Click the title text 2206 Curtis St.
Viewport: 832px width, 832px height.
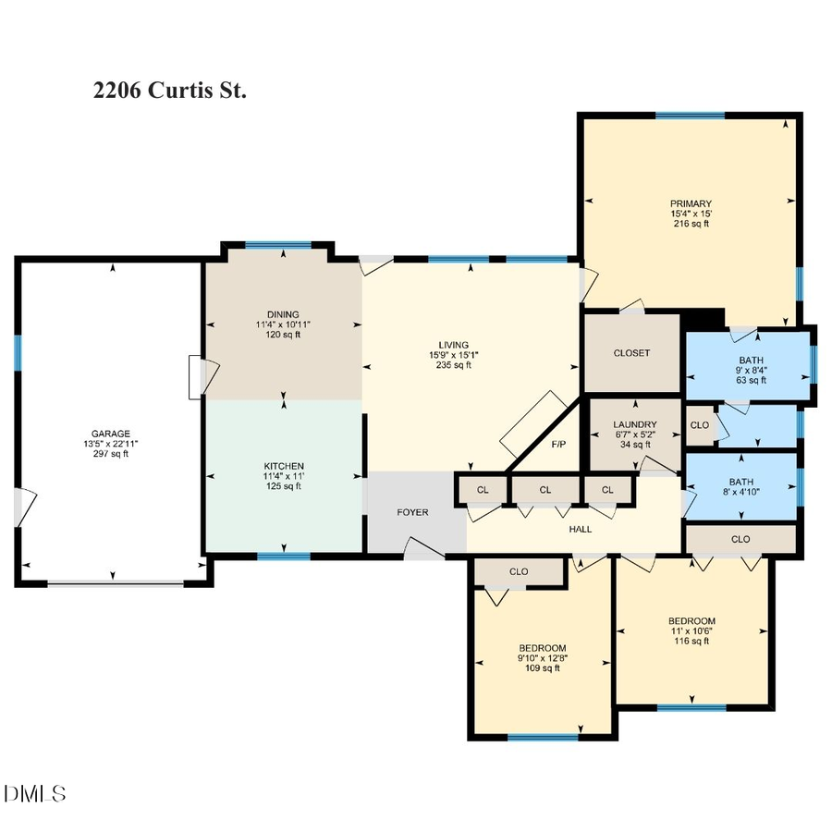tap(170, 91)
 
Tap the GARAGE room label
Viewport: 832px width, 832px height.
tap(110, 434)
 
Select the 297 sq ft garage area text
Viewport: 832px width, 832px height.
tap(110, 454)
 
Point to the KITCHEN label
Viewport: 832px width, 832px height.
tap(284, 466)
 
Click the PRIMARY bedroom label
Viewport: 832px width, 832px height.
tap(691, 203)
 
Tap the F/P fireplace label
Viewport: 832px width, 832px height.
tap(558, 445)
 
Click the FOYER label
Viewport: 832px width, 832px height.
tap(412, 512)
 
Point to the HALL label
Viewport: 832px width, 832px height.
tap(580, 529)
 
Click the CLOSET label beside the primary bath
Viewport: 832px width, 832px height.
tap(631, 353)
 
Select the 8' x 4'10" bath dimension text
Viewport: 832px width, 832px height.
tap(740, 492)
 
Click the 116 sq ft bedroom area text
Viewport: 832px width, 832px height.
tap(691, 641)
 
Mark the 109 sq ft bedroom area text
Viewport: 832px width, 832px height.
tap(543, 668)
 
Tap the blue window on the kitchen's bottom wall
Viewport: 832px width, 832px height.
tap(283, 557)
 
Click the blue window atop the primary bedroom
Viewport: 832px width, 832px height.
tap(690, 116)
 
